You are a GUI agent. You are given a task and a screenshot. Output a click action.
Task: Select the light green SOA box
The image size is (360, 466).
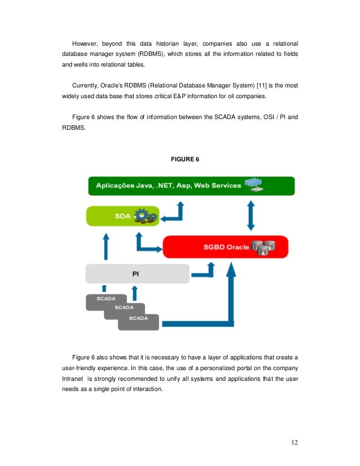click(x=122, y=215)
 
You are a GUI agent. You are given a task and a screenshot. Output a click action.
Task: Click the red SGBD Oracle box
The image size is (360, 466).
click(x=225, y=247)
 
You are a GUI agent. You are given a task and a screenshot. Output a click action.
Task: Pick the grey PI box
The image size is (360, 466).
click(x=137, y=274)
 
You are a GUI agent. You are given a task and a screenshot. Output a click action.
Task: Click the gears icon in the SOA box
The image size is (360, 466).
click(x=146, y=215)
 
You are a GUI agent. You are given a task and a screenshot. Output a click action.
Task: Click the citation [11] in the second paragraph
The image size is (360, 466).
click(x=262, y=85)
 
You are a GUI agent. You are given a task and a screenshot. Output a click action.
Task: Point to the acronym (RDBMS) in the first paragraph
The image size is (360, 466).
click(x=149, y=54)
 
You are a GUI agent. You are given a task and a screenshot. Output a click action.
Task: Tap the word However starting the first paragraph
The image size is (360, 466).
click(x=86, y=43)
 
